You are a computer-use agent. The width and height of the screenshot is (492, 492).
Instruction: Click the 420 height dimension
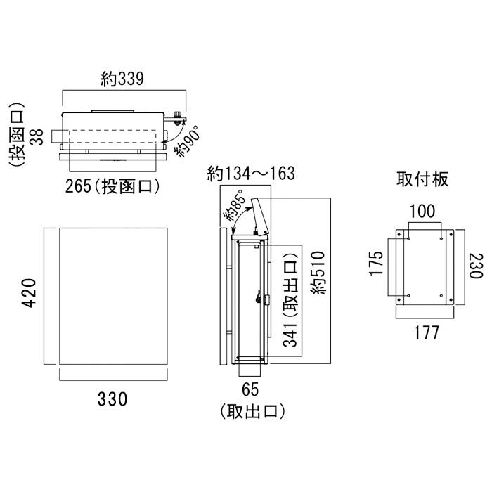click(x=27, y=296)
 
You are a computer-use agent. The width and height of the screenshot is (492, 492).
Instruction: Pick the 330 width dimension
click(x=112, y=399)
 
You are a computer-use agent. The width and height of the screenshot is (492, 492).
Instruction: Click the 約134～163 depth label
click(x=250, y=174)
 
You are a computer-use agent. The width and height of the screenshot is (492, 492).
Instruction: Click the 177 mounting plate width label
click(x=422, y=332)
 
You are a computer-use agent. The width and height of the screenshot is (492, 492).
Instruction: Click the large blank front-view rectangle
click(x=112, y=296)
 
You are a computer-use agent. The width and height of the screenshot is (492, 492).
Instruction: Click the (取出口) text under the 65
click(x=250, y=410)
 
